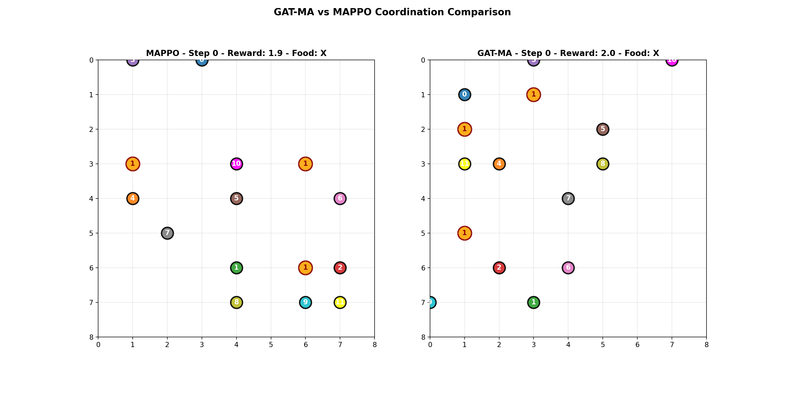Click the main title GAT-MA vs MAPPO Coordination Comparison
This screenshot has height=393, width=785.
pyautogui.click(x=392, y=12)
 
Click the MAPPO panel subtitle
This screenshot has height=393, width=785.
pyautogui.click(x=236, y=53)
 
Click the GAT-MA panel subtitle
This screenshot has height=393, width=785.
pyautogui.click(x=568, y=53)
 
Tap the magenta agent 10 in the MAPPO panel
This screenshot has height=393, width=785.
pyautogui.click(x=236, y=164)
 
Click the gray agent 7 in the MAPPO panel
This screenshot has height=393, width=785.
pyautogui.click(x=167, y=233)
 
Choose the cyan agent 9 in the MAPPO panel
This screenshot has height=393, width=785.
pyautogui.click(x=305, y=302)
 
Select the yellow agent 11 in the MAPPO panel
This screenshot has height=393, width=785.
pyautogui.click(x=340, y=302)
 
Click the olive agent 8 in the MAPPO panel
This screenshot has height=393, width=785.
pyautogui.click(x=236, y=302)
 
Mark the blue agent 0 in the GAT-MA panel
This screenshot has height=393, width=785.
pyautogui.click(x=464, y=95)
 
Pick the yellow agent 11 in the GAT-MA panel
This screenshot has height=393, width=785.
pyautogui.click(x=464, y=164)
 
